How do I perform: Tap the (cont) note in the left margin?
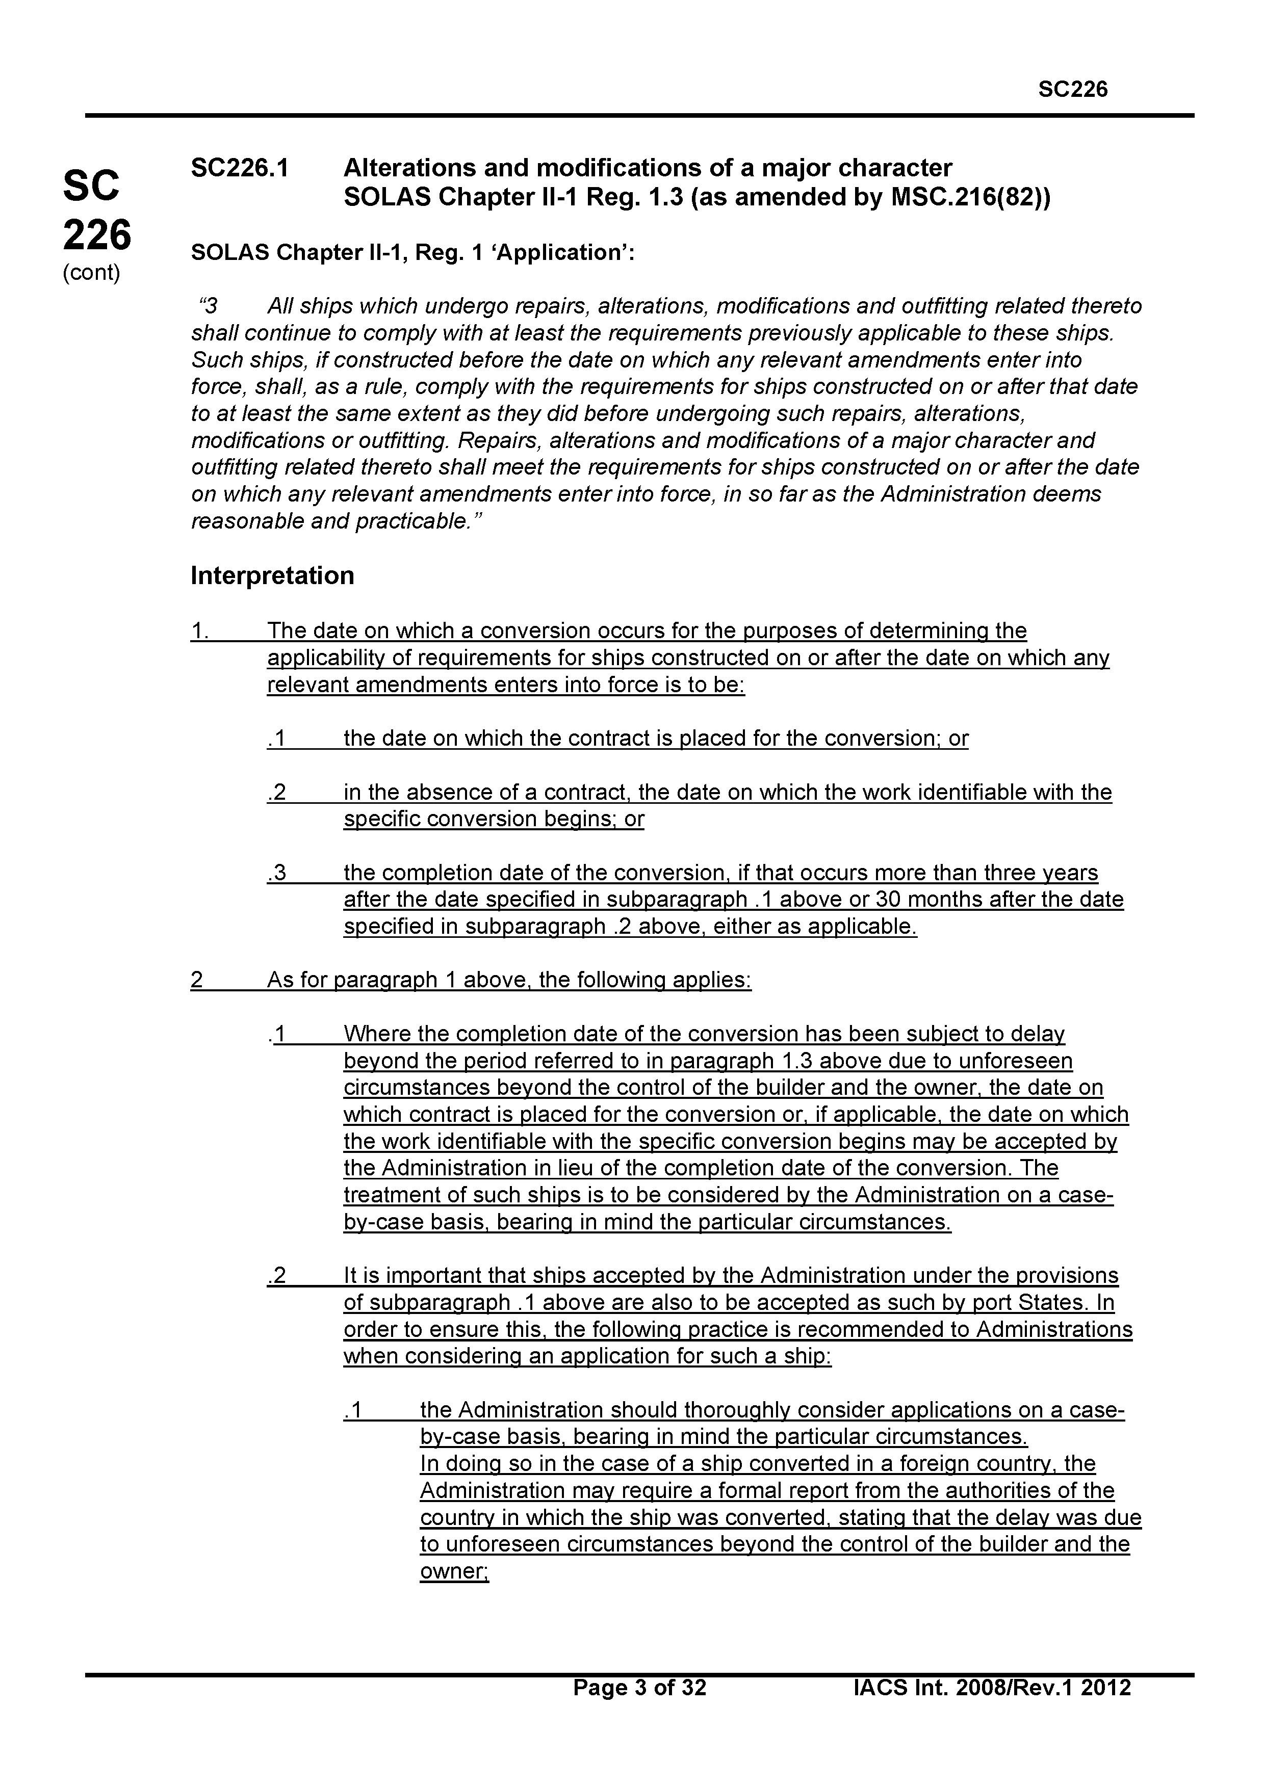[91, 273]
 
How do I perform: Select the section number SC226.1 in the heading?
[240, 167]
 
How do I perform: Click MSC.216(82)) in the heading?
[970, 197]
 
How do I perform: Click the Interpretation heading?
[273, 575]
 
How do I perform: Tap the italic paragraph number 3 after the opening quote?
[210, 306]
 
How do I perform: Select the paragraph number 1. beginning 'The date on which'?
[199, 631]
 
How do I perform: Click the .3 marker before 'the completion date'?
[276, 873]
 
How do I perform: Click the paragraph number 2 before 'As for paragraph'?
[197, 980]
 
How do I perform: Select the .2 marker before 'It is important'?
[276, 1276]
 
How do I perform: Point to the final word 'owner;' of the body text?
[454, 1571]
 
